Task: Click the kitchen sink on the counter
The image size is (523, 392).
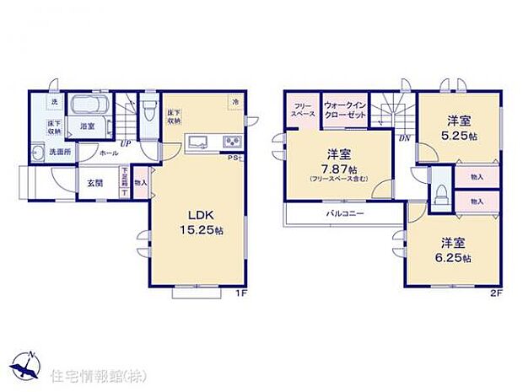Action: pyautogui.click(x=200, y=141)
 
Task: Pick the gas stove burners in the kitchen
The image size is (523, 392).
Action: pyautogui.click(x=229, y=141)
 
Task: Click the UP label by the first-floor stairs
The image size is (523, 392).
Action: pyautogui.click(x=124, y=144)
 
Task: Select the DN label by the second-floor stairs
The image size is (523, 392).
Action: pyautogui.click(x=404, y=137)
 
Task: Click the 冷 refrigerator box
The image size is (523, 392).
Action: pyautogui.click(x=234, y=102)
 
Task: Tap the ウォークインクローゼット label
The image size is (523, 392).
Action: pyautogui.click(x=344, y=108)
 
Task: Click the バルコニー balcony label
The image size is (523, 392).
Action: pyautogui.click(x=346, y=213)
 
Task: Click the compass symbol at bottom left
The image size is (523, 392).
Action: pyautogui.click(x=27, y=364)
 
